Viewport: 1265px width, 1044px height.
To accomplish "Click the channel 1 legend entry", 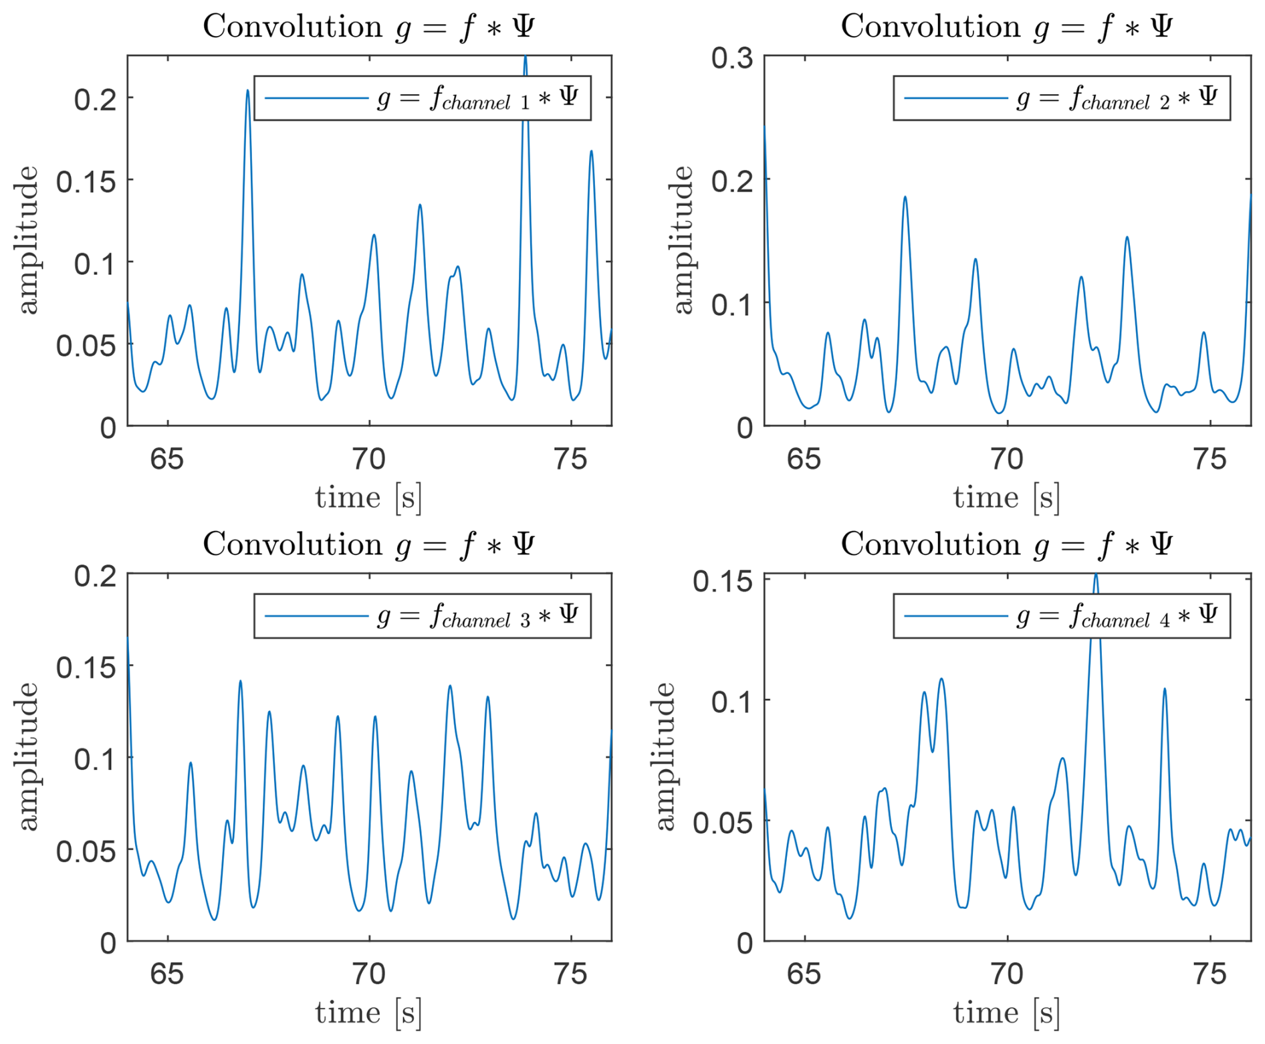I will (423, 98).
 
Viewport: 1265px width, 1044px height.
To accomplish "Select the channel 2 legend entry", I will (1061, 98).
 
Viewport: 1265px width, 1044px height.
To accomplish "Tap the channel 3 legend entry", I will (423, 616).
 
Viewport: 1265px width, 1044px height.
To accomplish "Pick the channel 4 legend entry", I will (1061, 616).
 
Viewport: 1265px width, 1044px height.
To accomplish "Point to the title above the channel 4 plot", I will (1007, 545).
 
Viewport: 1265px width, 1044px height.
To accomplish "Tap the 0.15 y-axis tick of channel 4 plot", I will (722, 581).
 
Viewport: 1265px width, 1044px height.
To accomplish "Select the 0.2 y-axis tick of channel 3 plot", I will (95, 576).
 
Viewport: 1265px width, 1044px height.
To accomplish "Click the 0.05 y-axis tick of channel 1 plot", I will (86, 346).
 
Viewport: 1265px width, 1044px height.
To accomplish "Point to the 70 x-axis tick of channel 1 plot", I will (369, 459).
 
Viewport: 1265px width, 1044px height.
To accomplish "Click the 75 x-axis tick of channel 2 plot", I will (1210, 459).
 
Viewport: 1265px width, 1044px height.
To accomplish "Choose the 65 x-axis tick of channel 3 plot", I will (167, 974).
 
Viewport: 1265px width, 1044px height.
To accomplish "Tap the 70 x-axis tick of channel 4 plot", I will (1007, 974).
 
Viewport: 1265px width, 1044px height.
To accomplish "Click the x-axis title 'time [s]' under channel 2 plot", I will (1007, 498).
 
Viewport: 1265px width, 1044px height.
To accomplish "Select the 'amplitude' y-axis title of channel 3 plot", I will (27, 756).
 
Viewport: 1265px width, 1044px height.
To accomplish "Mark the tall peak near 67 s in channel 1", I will (247, 91).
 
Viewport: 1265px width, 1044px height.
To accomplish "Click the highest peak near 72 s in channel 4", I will (1095, 575).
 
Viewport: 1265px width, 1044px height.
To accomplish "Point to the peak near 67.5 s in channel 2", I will (905, 197).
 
